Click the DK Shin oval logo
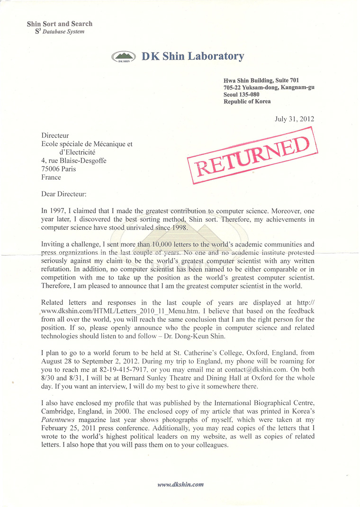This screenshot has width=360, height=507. coord(124,57)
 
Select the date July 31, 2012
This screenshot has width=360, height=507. coord(294,119)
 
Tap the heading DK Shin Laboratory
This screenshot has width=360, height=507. coord(193,56)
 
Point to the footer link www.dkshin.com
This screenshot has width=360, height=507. coord(180,484)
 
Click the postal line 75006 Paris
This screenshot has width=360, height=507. coord(59,169)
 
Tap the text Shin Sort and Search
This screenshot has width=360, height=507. coord(60,24)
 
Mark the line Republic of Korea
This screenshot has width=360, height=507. coord(247,102)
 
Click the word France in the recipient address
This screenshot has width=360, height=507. coord(51,177)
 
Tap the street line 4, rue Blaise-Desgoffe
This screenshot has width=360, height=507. coord(74,160)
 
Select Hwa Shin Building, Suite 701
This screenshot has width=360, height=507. coord(261,81)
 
